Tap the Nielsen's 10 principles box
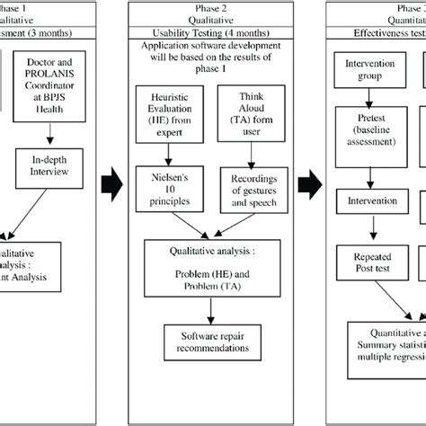tap(171, 185)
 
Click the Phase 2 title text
tap(209, 5)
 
